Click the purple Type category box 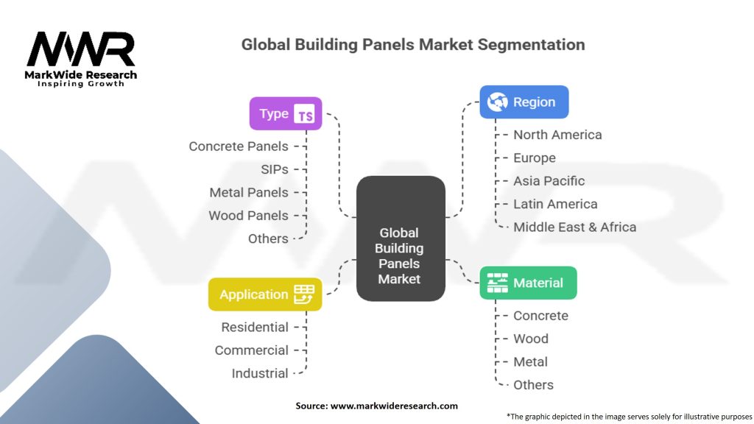[x=286, y=114]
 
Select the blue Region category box [x=524, y=102]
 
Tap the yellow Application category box [x=265, y=294]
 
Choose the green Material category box [x=528, y=283]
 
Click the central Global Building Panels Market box [x=400, y=239]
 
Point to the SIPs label [x=274, y=169]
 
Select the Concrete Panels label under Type [x=239, y=146]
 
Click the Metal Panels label [x=249, y=193]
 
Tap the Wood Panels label [x=248, y=216]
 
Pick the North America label [x=557, y=135]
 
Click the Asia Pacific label [x=549, y=181]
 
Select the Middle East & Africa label [x=574, y=227]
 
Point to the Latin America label [x=555, y=204]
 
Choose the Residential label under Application [x=255, y=327]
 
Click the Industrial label [x=260, y=373]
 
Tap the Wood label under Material [x=530, y=339]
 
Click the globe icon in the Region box [x=498, y=102]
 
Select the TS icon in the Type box [x=304, y=114]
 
